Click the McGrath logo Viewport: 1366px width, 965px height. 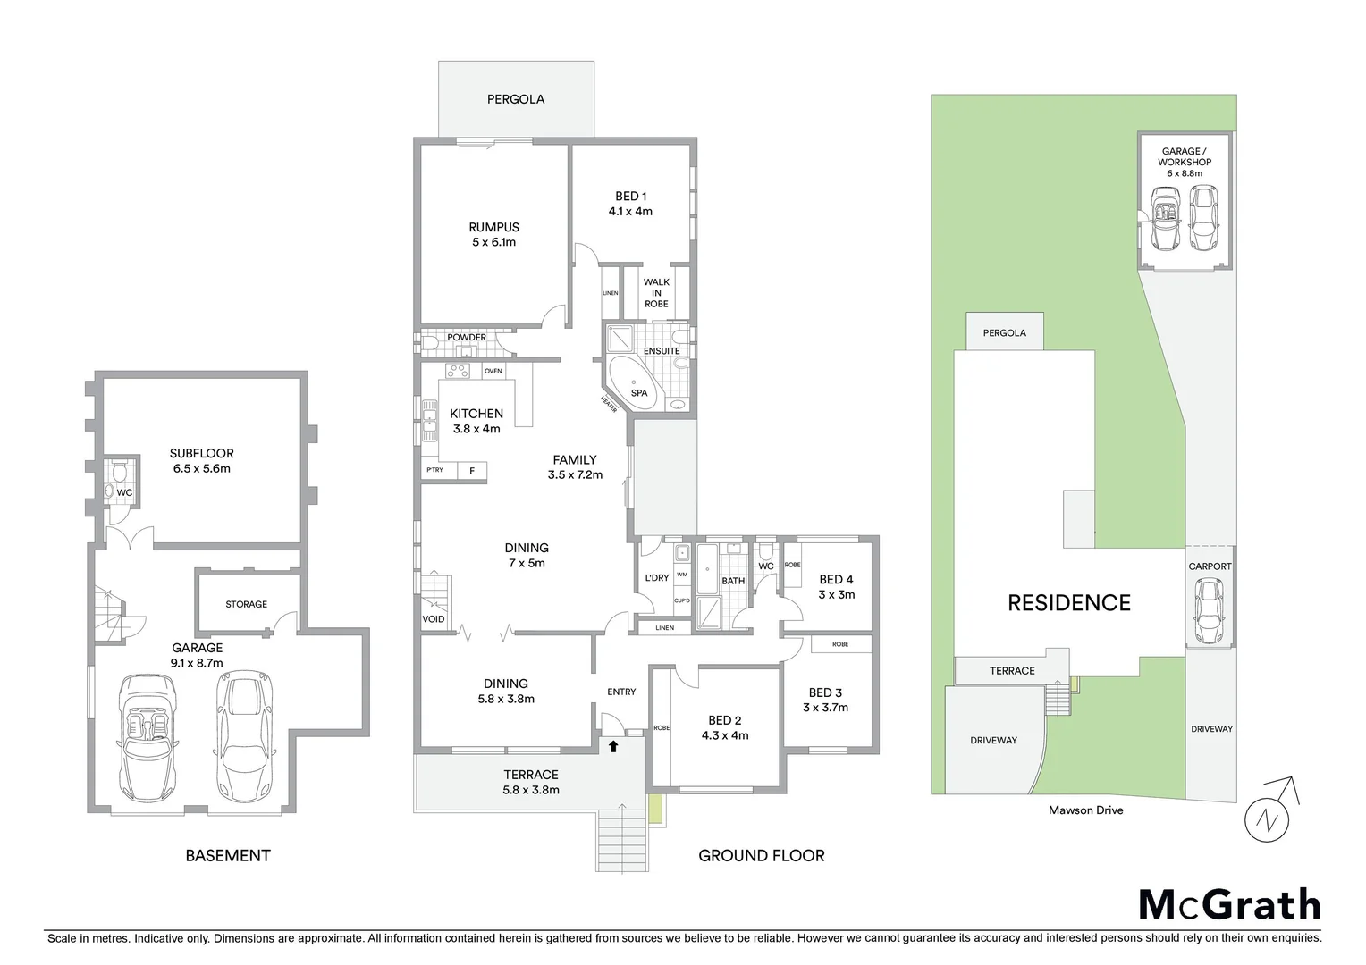[x=1229, y=905]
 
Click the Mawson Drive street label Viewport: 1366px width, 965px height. [x=1085, y=810]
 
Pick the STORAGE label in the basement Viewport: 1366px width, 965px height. [x=246, y=604]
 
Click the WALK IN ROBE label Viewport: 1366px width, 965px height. [x=656, y=292]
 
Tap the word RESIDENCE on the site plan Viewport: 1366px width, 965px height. [x=1069, y=603]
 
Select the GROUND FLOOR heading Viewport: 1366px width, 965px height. [x=761, y=855]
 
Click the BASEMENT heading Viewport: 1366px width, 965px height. [x=227, y=855]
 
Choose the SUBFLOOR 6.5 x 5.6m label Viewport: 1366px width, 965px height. [x=201, y=460]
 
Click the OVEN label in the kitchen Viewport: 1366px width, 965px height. [x=493, y=371]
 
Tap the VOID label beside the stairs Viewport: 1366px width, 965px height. [x=434, y=619]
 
